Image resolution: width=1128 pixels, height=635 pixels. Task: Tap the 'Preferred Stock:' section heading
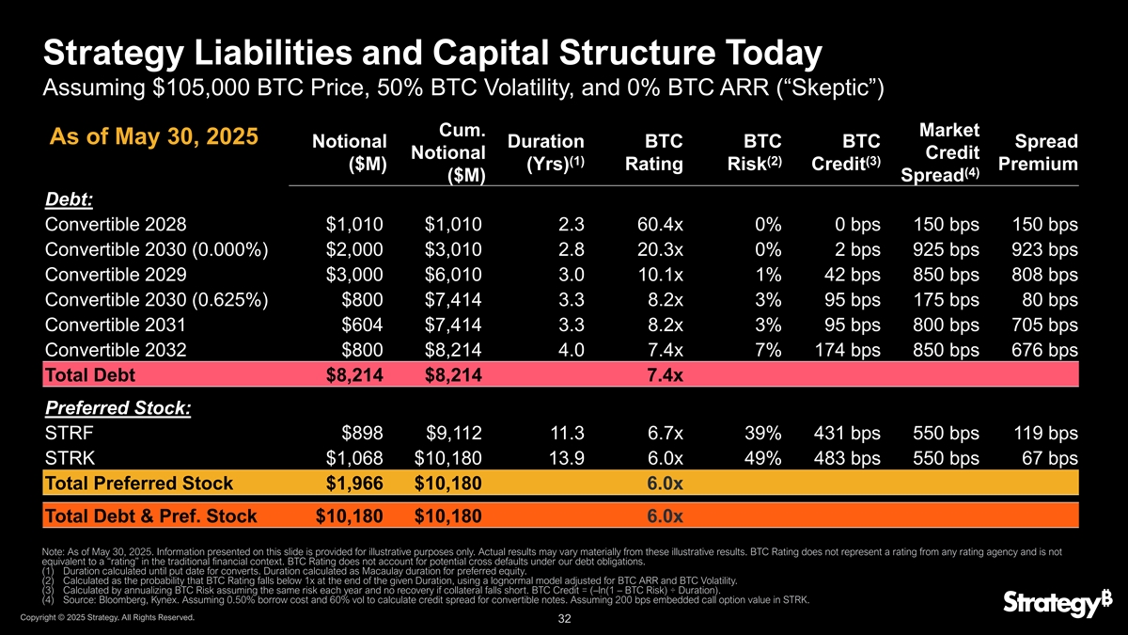117,409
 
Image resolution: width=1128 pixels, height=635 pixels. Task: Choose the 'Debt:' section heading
70,200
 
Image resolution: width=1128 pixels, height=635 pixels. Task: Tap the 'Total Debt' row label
90,376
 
